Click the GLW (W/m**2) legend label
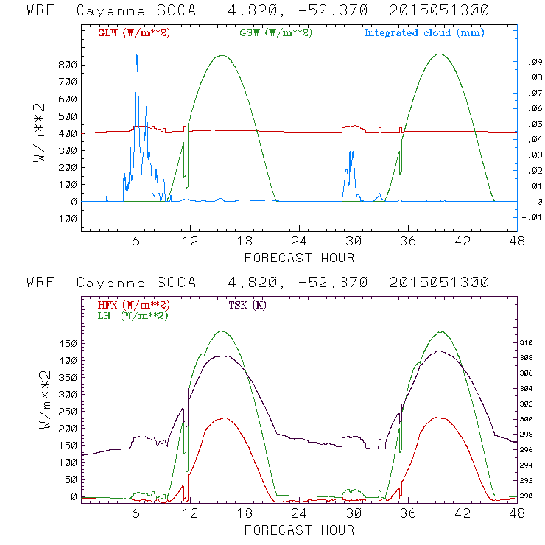[134, 33]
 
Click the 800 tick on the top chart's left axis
[68, 65]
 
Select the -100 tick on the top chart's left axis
[65, 219]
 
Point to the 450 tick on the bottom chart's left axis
[68, 343]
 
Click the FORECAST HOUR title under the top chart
[299, 258]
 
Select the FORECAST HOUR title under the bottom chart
[299, 530]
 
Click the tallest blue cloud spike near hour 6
[136, 56]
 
